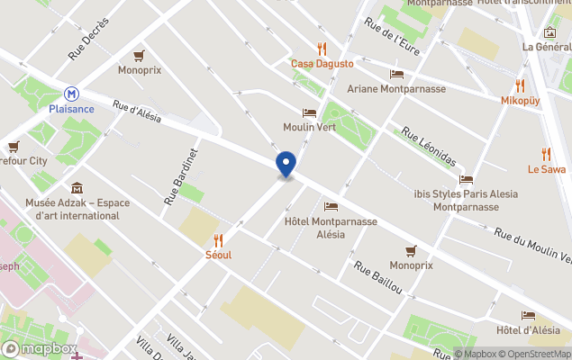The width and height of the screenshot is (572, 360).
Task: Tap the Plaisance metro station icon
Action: [x=70, y=93]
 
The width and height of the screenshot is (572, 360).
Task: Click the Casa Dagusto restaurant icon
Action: [x=322, y=49]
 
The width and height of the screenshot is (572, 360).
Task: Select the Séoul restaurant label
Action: [x=218, y=255]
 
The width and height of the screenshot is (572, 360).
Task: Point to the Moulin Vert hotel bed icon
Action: [x=309, y=112]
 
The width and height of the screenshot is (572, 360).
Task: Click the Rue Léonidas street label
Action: [x=429, y=147]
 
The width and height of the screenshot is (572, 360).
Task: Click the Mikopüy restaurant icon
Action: [x=520, y=85]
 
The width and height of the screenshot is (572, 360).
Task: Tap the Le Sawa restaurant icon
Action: [x=546, y=154]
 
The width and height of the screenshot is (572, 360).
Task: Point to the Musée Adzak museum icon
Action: [x=77, y=188]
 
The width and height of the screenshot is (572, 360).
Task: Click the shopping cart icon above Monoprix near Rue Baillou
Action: [x=411, y=250]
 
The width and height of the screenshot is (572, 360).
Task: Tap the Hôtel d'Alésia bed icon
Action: [x=528, y=315]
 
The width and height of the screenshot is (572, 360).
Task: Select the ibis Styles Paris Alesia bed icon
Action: [x=466, y=179]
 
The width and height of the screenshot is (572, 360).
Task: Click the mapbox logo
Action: [x=38, y=348]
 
